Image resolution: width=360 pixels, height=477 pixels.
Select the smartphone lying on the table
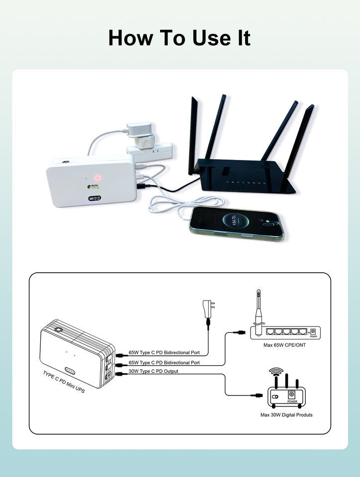236,224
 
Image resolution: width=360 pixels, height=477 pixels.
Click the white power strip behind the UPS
149,149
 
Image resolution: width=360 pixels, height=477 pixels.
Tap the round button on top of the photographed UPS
65,162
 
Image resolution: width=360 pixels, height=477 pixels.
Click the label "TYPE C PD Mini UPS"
64,383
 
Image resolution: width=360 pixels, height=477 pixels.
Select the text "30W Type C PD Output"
153,371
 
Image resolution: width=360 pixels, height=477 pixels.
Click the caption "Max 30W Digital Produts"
287,415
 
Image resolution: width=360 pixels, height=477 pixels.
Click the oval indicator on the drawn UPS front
70,371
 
